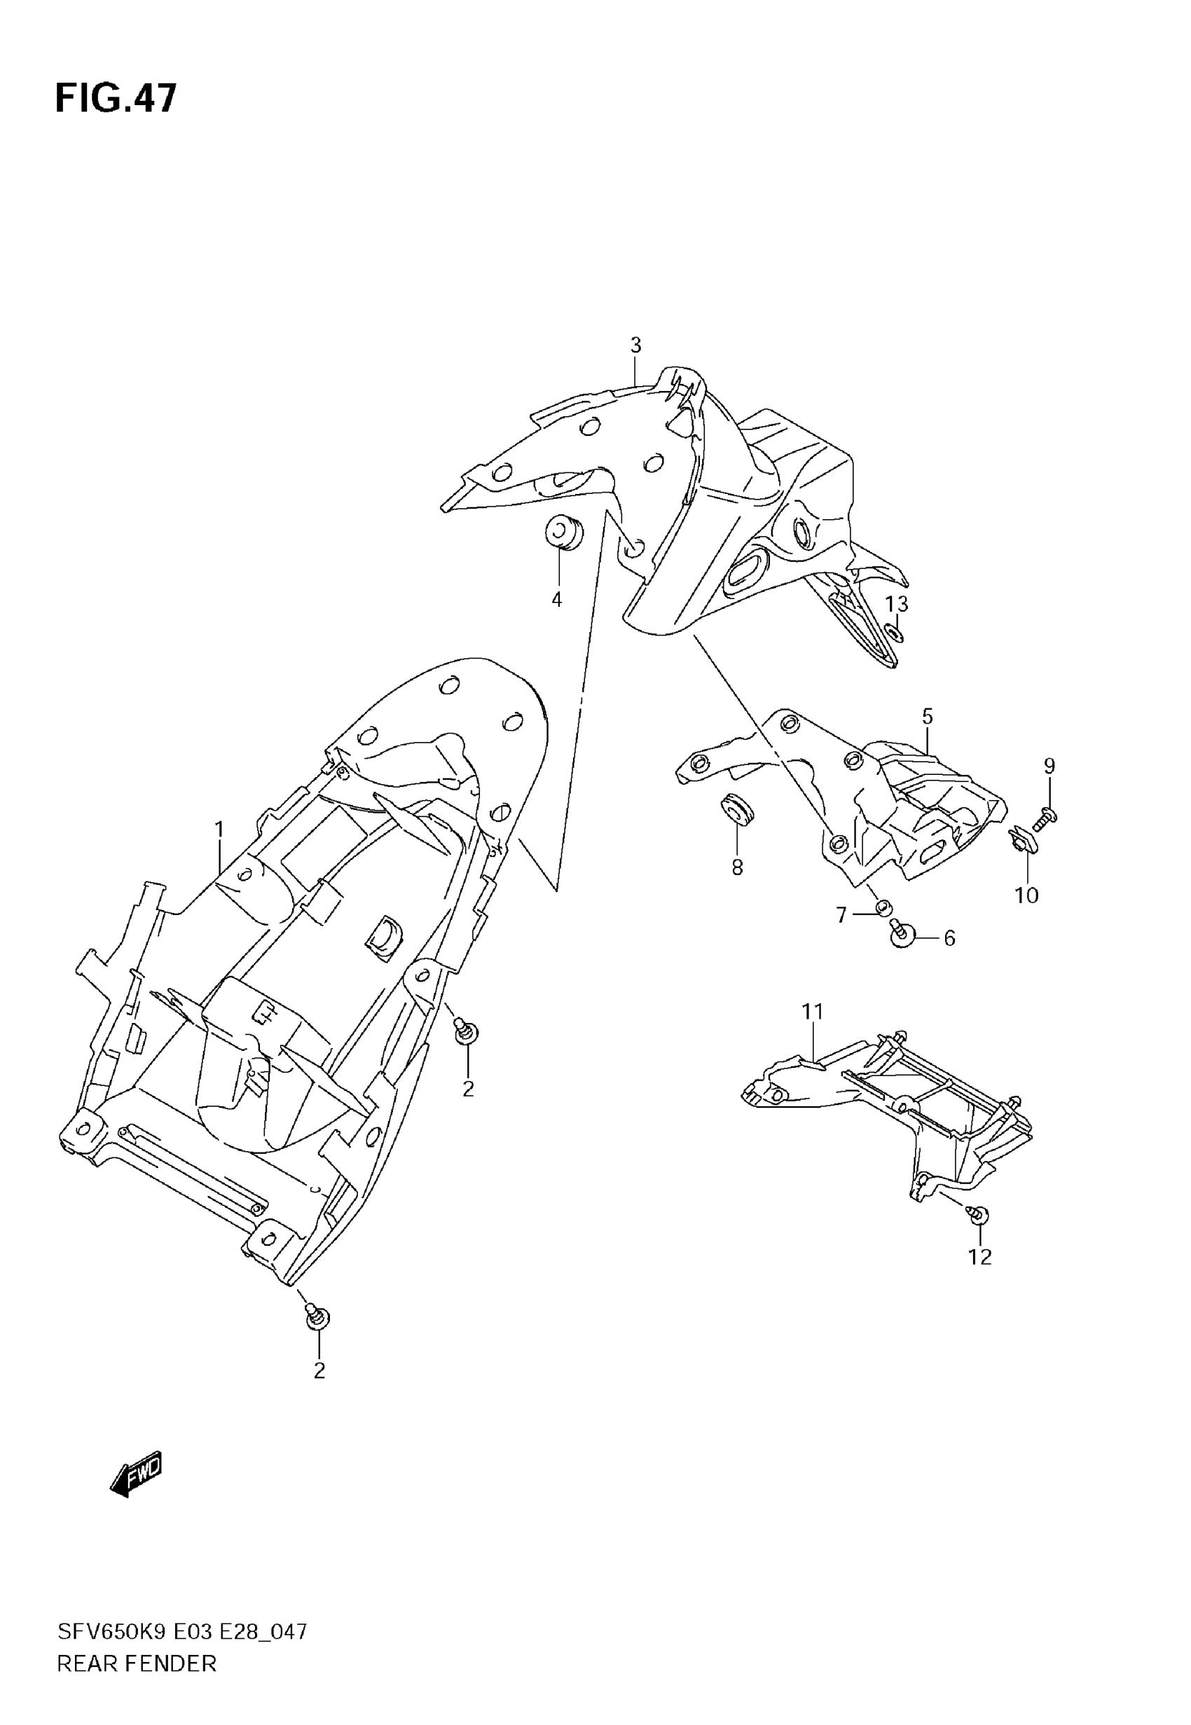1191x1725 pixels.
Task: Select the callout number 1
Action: [219, 829]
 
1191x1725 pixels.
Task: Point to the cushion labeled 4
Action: [563, 532]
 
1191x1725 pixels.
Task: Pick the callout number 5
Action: [927, 716]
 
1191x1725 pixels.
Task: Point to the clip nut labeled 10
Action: [1019, 841]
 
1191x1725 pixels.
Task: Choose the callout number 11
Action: [812, 1011]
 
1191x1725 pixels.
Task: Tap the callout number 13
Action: [896, 603]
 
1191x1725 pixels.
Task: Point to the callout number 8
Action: [736, 867]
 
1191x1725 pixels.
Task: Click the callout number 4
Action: [557, 599]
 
